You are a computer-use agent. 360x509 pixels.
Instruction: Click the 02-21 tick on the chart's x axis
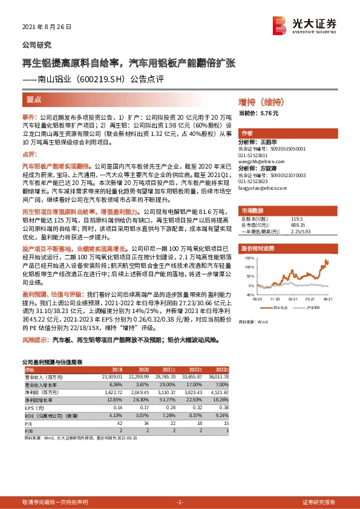[x=293, y=298]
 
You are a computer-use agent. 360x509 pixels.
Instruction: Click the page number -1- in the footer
[x=180, y=502]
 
